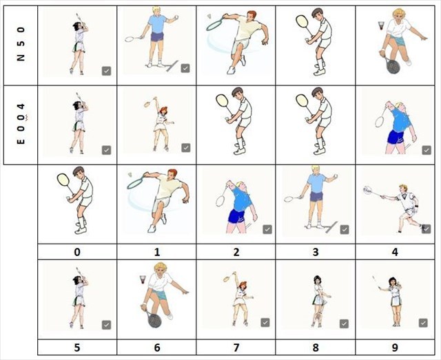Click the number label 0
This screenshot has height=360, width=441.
(x=77, y=252)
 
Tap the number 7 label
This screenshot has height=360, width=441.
(x=236, y=348)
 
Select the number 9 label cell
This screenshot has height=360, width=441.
(x=395, y=348)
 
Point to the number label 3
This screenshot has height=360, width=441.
(x=316, y=252)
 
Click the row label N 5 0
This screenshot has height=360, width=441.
(x=21, y=44)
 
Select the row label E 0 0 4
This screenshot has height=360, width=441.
(x=21, y=124)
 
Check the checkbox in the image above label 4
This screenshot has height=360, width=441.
(x=426, y=229)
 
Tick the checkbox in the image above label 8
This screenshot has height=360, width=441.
(x=345, y=324)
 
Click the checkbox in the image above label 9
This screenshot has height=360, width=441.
(x=424, y=323)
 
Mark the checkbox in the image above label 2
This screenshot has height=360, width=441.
(x=267, y=230)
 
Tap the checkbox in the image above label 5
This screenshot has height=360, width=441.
(x=106, y=325)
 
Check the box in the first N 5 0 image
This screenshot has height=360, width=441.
(x=106, y=71)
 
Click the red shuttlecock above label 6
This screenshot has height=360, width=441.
(x=143, y=279)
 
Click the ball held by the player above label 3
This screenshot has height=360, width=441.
(x=335, y=176)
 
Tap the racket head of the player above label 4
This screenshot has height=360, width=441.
(x=367, y=190)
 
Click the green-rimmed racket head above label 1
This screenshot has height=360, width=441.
(x=135, y=183)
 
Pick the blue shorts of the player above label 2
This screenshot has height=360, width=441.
(x=236, y=216)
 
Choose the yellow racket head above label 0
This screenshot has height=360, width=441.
(x=63, y=180)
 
